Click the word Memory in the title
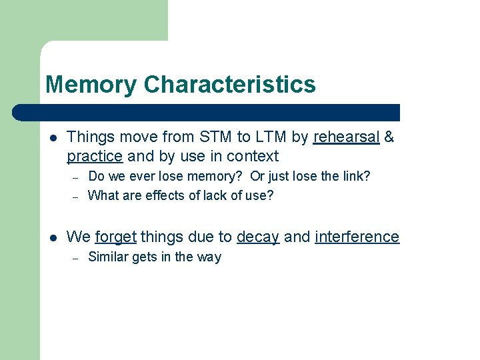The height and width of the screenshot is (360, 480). [x=91, y=85]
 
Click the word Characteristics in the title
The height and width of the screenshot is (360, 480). [x=229, y=85]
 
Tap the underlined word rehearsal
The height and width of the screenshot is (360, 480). [x=346, y=137]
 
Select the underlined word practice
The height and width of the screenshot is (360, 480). [x=95, y=156]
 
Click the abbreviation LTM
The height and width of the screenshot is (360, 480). [x=271, y=137]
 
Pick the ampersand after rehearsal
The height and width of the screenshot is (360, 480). [x=389, y=137]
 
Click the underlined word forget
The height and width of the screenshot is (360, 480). [x=115, y=237]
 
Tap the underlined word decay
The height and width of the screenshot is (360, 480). [x=258, y=237]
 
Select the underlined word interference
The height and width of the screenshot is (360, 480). [x=357, y=237]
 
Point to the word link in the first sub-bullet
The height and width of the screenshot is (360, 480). [x=355, y=177]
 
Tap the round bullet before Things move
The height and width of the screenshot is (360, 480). [x=53, y=138]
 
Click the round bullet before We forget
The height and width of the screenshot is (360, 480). [x=53, y=237]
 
